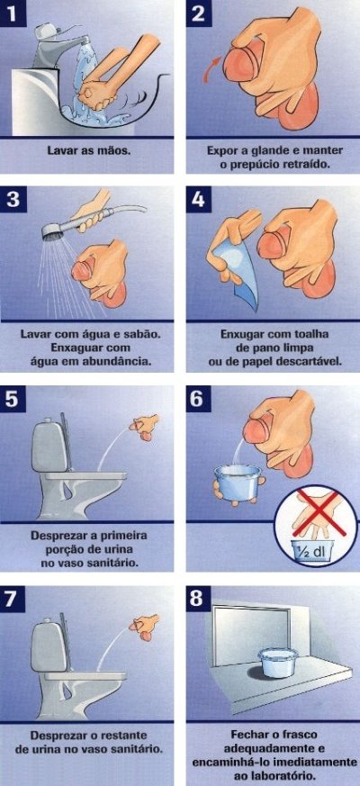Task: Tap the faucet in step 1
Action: pyautogui.click(x=56, y=42)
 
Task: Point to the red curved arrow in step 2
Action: pyautogui.click(x=211, y=68)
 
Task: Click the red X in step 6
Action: pyautogui.click(x=317, y=513)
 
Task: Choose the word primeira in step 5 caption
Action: pyautogui.click(x=123, y=536)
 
